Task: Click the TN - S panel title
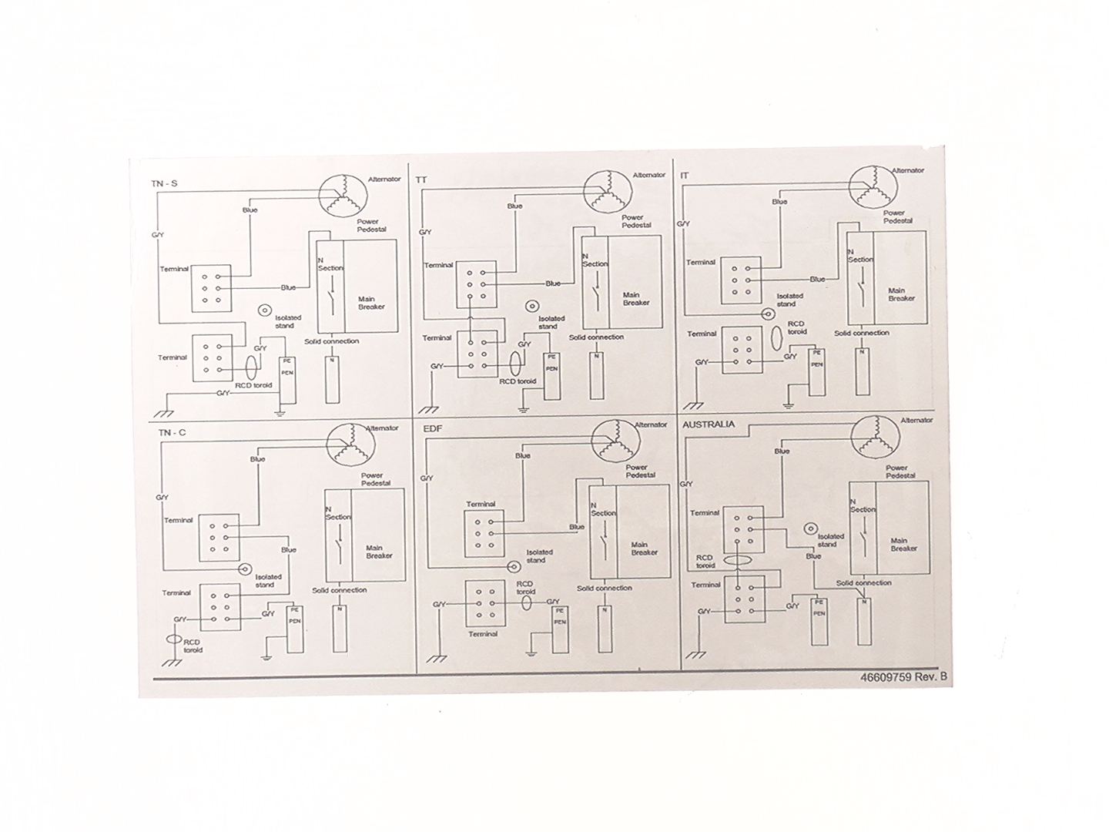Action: (x=165, y=183)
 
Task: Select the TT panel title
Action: (x=421, y=179)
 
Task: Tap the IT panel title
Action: (x=685, y=176)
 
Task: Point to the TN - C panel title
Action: (x=173, y=433)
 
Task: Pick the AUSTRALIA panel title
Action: (x=709, y=424)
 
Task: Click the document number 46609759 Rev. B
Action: (x=904, y=678)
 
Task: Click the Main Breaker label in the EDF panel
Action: (x=644, y=548)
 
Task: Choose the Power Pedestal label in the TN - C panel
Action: (x=376, y=479)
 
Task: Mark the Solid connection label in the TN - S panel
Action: (x=331, y=341)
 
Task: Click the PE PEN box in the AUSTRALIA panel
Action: (x=819, y=621)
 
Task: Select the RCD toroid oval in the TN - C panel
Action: (x=174, y=640)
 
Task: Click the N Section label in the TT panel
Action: (x=594, y=260)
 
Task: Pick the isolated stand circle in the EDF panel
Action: (x=513, y=567)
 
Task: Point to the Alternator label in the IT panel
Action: (x=908, y=170)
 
